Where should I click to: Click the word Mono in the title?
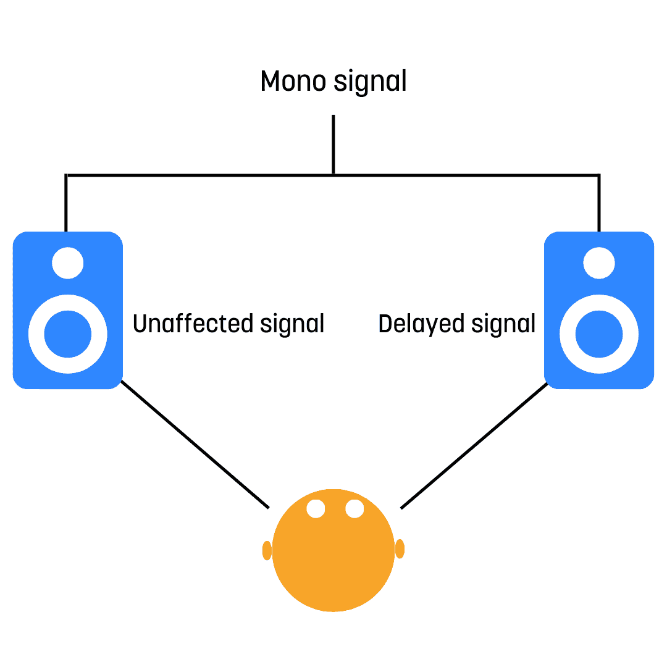coord(293,81)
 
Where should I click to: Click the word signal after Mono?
coord(370,82)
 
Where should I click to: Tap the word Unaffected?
coord(193,323)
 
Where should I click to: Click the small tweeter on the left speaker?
coord(68,263)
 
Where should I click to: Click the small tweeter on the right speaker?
coord(599,263)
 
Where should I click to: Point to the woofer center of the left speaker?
coord(68,334)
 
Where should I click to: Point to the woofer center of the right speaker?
coord(599,334)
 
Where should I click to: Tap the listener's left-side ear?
coord(267,550)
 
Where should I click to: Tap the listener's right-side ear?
coord(400,549)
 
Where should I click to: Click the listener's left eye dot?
coord(316,509)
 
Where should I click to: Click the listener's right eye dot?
coord(354,509)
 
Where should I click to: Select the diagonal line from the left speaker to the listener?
coord(195,445)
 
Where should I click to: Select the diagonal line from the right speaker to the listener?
coord(474,445)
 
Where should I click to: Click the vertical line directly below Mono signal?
coord(333,144)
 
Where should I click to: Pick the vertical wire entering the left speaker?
coord(66,203)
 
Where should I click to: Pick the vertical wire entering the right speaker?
coord(599,203)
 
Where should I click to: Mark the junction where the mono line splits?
coord(333,175)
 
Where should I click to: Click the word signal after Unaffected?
coord(292,325)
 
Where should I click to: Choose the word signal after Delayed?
coord(503,325)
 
